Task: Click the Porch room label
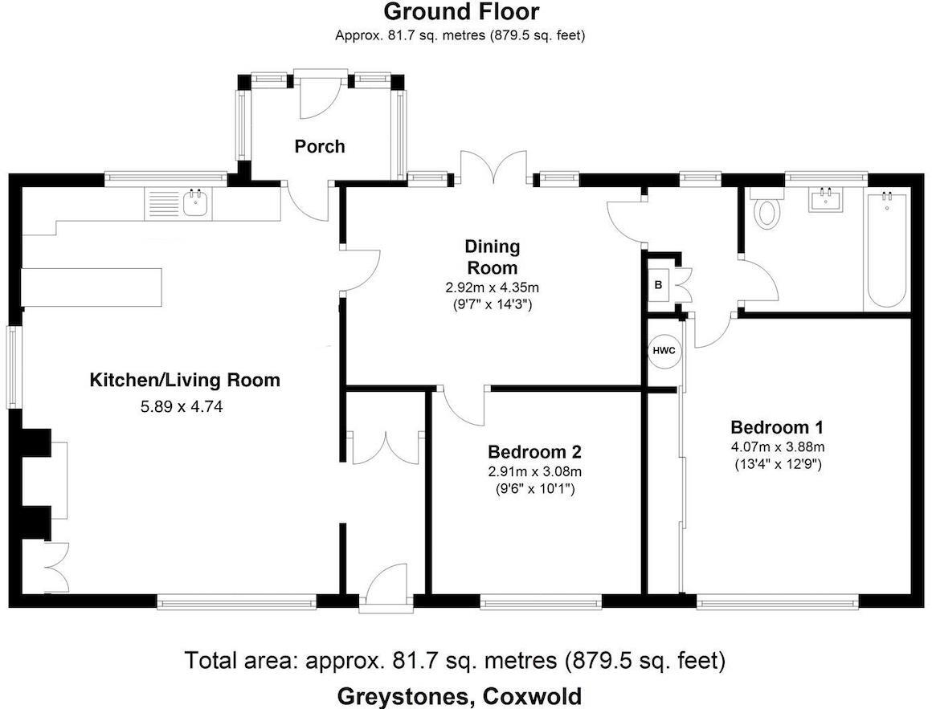(x=320, y=146)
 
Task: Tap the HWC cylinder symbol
(x=664, y=350)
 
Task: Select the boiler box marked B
(x=659, y=285)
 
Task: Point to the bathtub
(x=886, y=250)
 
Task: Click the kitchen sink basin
(x=195, y=204)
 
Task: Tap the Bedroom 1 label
(x=777, y=427)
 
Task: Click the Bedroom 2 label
(x=534, y=452)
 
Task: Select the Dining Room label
(x=493, y=256)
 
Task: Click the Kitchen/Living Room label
(x=185, y=380)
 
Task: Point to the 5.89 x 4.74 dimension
(x=182, y=407)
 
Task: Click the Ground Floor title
(x=461, y=11)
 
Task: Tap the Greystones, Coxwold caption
(x=460, y=695)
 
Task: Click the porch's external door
(x=320, y=95)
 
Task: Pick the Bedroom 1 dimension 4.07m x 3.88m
(x=778, y=447)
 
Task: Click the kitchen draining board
(x=162, y=204)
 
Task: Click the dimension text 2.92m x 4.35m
(x=493, y=288)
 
